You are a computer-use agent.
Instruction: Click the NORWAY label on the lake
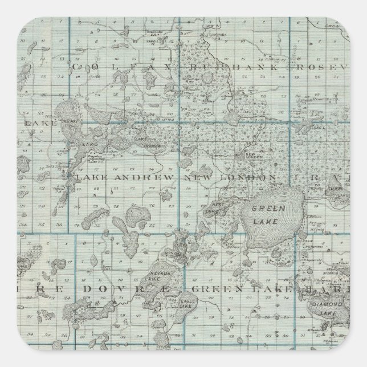72,121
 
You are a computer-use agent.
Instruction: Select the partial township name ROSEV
321,67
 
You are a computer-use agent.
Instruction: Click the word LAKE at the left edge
33,123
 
